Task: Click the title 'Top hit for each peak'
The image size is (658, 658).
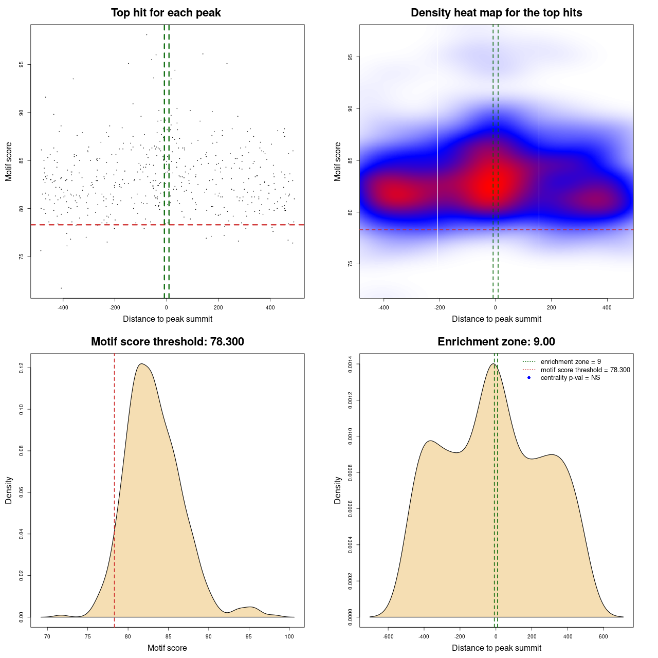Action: click(166, 13)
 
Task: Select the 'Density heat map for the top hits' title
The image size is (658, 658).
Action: click(496, 13)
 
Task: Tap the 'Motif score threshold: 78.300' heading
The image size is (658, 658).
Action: click(167, 342)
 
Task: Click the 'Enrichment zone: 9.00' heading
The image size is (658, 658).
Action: click(496, 342)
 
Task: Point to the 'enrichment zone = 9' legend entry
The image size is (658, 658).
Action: click(571, 362)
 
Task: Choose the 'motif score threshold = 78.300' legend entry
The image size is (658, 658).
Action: click(585, 370)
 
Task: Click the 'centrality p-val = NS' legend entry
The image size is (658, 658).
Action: click(570, 378)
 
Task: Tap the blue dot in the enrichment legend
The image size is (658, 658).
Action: click(529, 378)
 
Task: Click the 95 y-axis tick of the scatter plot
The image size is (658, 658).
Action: click(22, 64)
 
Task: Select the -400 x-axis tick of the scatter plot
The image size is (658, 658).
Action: click(63, 307)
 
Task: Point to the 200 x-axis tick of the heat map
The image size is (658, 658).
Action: click(551, 307)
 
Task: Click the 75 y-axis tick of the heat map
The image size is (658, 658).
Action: click(351, 264)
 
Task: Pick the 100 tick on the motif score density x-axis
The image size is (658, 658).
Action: click(289, 636)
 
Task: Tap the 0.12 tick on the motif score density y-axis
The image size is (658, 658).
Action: click(22, 368)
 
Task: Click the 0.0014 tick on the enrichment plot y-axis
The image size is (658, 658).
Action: click(351, 364)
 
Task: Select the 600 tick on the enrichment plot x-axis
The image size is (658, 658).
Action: click(604, 636)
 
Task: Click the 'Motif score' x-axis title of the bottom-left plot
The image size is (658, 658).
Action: click(167, 648)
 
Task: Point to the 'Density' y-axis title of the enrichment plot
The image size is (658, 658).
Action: click(338, 490)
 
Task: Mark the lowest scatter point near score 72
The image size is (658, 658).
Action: click(61, 288)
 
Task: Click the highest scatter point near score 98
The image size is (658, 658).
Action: click(147, 34)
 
